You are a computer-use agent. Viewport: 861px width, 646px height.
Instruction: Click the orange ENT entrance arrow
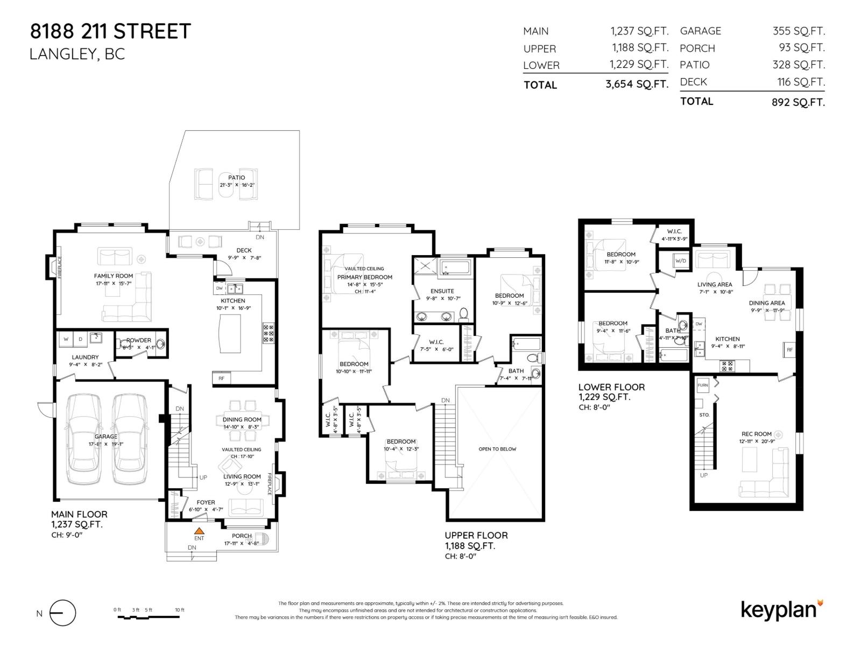coord(199,530)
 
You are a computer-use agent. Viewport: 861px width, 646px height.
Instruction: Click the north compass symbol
coord(62,613)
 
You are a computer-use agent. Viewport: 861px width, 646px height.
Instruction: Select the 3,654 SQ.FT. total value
coord(637,84)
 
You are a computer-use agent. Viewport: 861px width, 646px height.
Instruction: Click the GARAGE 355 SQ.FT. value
coord(798,31)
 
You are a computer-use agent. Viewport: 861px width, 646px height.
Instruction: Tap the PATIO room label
coord(236,178)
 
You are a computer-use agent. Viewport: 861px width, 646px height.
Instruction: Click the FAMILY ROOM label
coord(114,276)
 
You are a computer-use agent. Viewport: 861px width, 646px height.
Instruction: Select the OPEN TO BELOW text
coord(497,449)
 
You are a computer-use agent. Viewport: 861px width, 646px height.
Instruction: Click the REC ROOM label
coord(756,434)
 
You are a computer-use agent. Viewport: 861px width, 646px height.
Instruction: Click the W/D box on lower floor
coord(680,261)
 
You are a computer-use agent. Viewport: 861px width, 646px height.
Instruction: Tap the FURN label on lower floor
coord(703,385)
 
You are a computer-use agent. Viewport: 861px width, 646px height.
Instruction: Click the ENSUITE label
coord(442,291)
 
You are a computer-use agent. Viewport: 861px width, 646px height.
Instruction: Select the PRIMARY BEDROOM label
coord(365,277)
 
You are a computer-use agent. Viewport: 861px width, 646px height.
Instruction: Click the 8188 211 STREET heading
coord(110,31)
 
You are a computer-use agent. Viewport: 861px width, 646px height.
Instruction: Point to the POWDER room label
coord(138,340)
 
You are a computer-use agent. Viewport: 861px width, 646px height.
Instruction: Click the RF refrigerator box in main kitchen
coord(221,378)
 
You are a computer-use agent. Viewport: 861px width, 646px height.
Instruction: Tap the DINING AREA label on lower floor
coord(766,303)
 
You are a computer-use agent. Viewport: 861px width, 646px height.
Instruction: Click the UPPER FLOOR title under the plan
coord(476,535)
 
